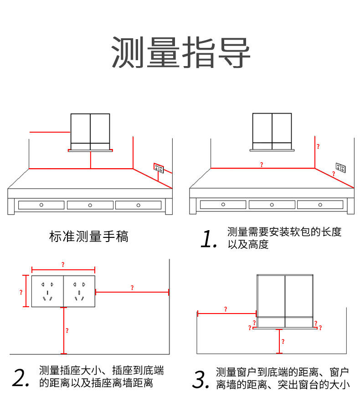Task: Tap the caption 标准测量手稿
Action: (88, 237)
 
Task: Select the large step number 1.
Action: (209, 239)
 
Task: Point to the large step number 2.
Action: (21, 378)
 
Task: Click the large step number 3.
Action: (201, 380)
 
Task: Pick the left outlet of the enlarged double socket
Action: (47, 291)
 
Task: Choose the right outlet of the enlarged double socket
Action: (79, 291)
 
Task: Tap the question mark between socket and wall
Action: (132, 288)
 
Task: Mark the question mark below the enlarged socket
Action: (67, 331)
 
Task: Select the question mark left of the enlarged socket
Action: (21, 292)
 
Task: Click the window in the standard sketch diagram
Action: (90, 131)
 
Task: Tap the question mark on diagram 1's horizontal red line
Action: (261, 165)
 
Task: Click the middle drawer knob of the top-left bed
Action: (90, 205)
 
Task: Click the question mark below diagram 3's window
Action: (283, 341)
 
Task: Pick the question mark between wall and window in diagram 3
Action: (225, 309)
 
